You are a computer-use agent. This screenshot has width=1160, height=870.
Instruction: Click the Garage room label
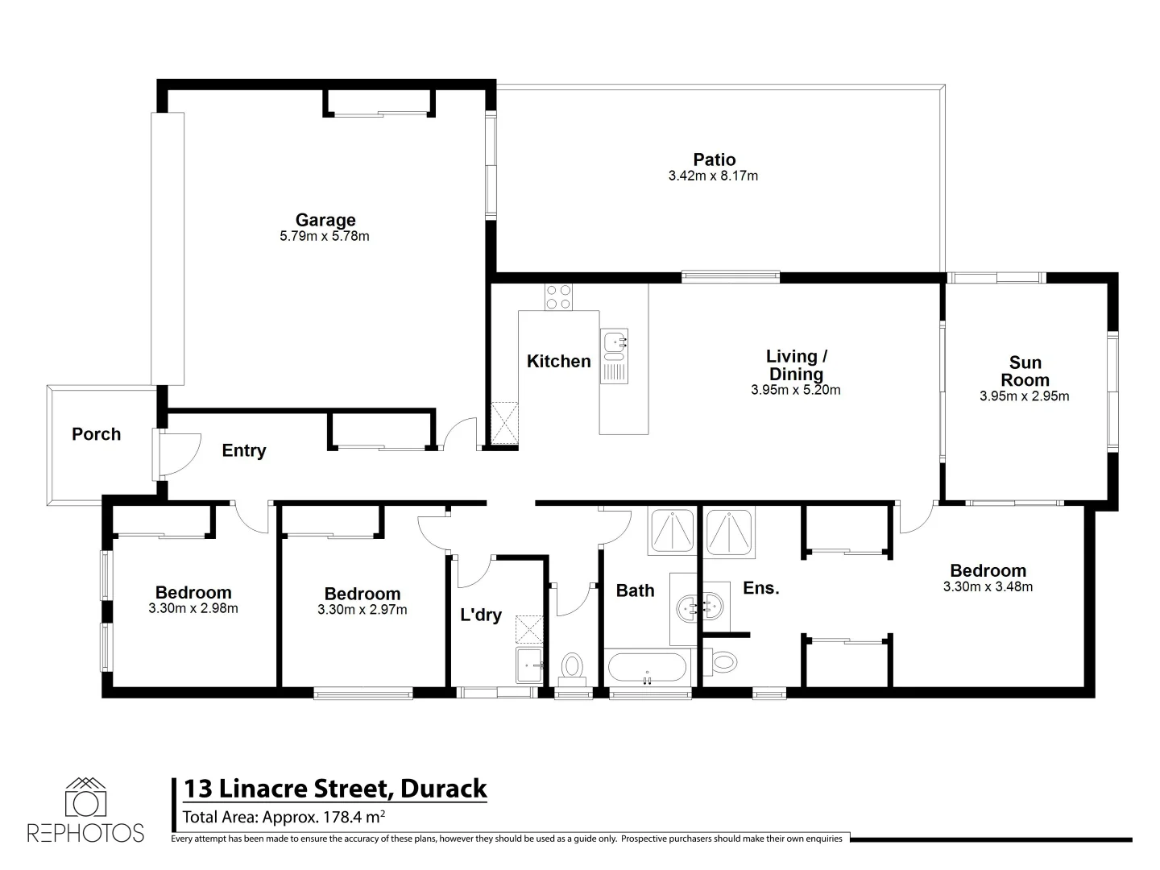tap(325, 220)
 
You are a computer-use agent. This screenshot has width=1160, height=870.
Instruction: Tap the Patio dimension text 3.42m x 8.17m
tap(713, 176)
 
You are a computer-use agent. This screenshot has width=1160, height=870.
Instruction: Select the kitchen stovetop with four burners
tap(557, 296)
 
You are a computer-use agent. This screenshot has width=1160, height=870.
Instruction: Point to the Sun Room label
tap(1025, 371)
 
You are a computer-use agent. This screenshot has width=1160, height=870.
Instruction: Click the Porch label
tap(96, 434)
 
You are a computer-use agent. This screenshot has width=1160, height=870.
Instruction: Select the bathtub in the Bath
tap(648, 668)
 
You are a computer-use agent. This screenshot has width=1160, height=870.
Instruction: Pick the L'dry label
tap(481, 615)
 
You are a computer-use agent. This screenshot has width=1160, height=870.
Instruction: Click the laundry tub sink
tap(529, 665)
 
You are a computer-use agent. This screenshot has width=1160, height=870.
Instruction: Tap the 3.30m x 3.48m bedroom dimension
tap(988, 587)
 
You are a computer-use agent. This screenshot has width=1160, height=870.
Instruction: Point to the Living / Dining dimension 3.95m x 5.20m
tap(795, 391)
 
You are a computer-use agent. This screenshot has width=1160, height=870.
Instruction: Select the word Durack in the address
tap(444, 788)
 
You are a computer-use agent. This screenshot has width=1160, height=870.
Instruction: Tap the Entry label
tap(244, 451)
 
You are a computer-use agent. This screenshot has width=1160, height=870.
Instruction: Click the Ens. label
tap(761, 588)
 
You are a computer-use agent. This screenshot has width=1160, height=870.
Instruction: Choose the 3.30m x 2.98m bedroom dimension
tap(193, 609)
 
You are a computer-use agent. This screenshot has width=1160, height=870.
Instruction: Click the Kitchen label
tap(559, 362)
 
